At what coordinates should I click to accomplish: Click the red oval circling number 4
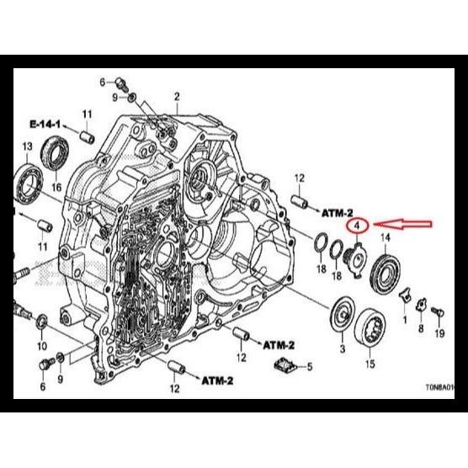[358, 226]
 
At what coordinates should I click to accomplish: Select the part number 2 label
[177, 97]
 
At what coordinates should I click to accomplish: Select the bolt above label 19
[435, 312]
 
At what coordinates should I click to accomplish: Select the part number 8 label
[422, 330]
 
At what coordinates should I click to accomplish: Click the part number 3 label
[342, 348]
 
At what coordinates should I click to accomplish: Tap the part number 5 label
[309, 367]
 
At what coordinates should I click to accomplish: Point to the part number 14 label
[386, 238]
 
